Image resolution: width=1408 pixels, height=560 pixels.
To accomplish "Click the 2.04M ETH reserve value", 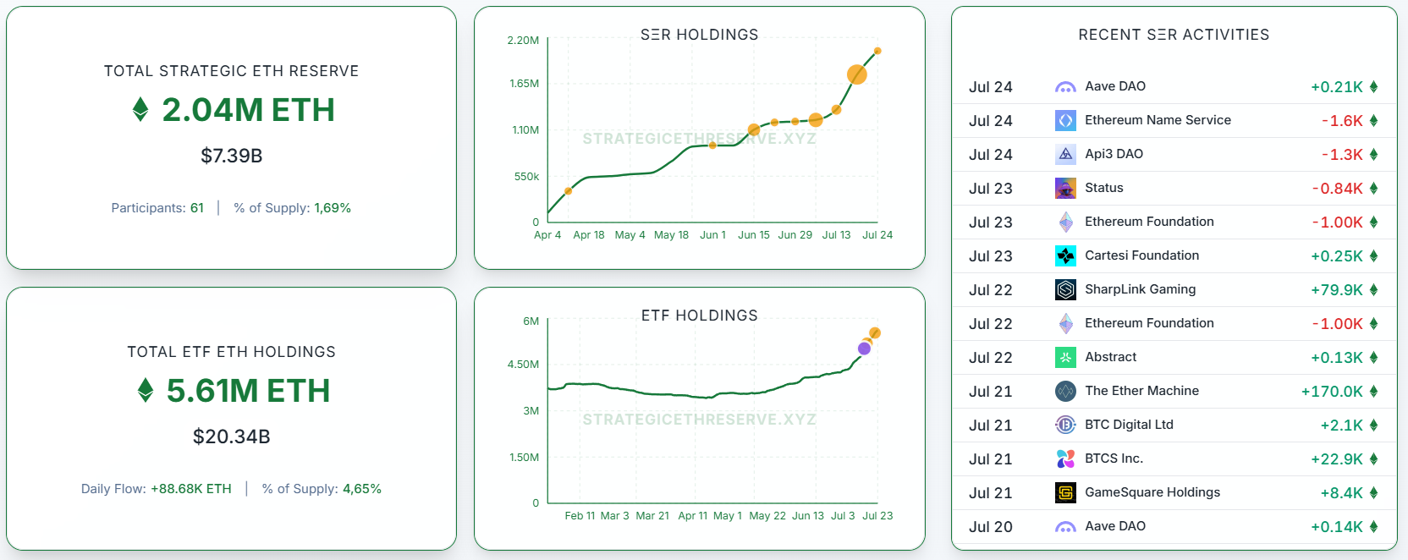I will tap(247, 110).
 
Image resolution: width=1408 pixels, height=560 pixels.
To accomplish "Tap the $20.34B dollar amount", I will tap(231, 436).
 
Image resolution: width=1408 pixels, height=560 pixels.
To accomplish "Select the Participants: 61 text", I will tap(157, 208).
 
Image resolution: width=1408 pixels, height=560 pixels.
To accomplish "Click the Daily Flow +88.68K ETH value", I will tap(190, 489).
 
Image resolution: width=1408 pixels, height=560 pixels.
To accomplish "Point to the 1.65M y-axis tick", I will tap(524, 84).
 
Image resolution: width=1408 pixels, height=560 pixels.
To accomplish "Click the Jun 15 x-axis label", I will tap(753, 235).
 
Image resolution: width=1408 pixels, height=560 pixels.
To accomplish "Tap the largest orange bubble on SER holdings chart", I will tap(856, 74).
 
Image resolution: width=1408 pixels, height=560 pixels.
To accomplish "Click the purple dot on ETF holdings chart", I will tap(864, 349).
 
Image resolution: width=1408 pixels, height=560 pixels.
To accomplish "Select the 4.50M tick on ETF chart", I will tap(523, 365).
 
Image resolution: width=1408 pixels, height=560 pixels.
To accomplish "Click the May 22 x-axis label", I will tap(767, 516).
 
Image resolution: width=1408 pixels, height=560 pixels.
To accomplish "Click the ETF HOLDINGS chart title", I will tap(699, 316).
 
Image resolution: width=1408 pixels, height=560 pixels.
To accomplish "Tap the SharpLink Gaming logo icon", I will tap(1065, 289).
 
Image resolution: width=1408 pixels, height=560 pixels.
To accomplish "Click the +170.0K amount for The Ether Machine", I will tap(1332, 392).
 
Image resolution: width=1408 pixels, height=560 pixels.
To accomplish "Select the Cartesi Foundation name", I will tap(1141, 255).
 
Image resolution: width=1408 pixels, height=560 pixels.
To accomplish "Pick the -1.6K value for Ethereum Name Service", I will tap(1342, 121).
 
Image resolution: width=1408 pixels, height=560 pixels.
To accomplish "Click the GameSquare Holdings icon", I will tap(1065, 492).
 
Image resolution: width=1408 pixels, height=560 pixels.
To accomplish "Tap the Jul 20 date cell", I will tap(990, 527).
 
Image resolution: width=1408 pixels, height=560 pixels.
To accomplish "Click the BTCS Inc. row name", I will tap(1114, 458).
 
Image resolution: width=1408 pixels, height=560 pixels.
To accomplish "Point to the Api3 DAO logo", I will tap(1065, 154).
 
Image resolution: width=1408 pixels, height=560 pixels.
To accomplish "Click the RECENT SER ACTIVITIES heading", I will tap(1174, 35).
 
